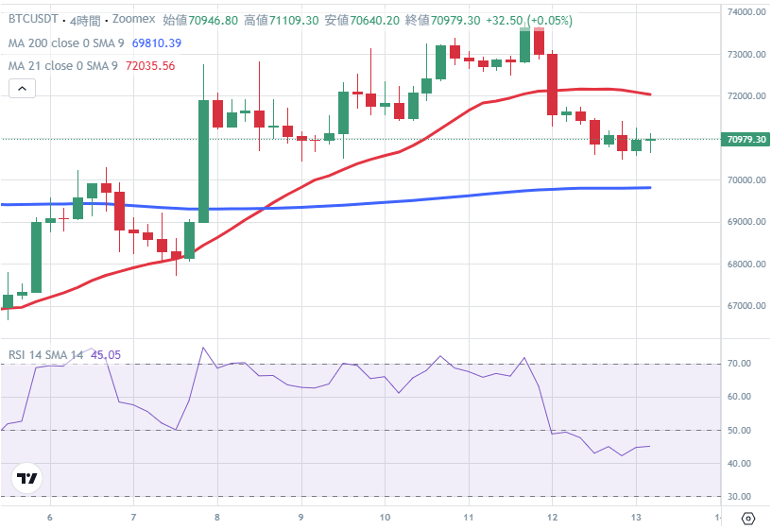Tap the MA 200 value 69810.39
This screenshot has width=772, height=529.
point(157,43)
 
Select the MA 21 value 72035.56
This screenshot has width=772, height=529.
point(149,66)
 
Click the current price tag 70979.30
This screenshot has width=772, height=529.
point(746,140)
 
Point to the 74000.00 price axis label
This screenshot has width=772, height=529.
point(746,12)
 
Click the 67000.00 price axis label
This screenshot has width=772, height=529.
point(746,306)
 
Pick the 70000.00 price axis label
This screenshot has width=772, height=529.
point(746,180)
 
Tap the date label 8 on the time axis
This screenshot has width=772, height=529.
point(217,517)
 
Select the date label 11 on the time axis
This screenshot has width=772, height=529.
point(468,517)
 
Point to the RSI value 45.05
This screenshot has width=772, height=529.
point(106,355)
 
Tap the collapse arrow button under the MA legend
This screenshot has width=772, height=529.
point(23,89)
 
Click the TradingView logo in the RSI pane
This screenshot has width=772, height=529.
point(27,479)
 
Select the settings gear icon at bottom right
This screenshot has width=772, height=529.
point(748,517)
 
